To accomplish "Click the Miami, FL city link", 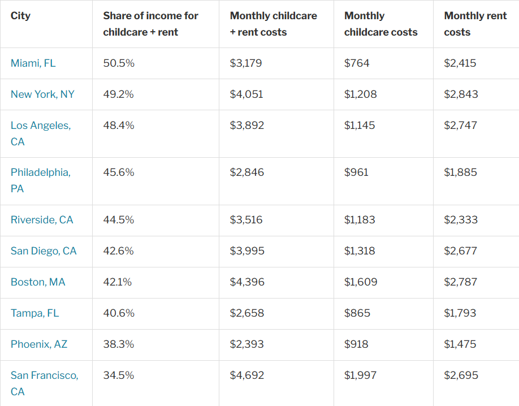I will [x=33, y=63].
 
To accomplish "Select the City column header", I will [x=20, y=16].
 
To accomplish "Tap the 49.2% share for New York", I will [x=118, y=94].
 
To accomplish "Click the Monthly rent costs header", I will [x=475, y=24].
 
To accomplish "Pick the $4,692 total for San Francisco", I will [x=246, y=375].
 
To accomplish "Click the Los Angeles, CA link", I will [x=40, y=133].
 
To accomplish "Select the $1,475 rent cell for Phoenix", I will [x=460, y=344].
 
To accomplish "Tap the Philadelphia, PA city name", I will [x=40, y=180].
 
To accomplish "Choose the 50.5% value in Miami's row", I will [x=119, y=63].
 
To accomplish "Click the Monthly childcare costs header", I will [x=380, y=24].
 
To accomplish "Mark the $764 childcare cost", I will [x=356, y=63].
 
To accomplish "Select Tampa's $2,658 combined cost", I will [x=246, y=313].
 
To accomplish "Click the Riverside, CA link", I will [x=42, y=219].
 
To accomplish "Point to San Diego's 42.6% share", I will [x=118, y=250].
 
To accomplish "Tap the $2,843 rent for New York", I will [x=460, y=94].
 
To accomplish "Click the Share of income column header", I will [x=150, y=24].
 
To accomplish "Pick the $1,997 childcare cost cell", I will [x=360, y=375].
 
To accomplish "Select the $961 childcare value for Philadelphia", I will [x=356, y=172].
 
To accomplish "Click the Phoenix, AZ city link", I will [x=38, y=344].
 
